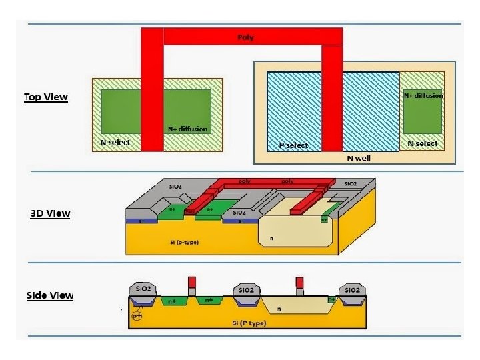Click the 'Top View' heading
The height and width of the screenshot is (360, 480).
click(46, 97)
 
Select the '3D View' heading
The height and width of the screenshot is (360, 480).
click(50, 214)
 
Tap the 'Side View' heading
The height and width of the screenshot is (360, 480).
click(50, 295)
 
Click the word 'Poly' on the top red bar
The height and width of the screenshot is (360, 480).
click(246, 37)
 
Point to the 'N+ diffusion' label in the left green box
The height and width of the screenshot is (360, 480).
click(187, 129)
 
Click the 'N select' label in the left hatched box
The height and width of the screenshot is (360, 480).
click(115, 143)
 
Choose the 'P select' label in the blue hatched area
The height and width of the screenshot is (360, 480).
click(293, 145)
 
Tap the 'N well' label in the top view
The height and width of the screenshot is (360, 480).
click(359, 158)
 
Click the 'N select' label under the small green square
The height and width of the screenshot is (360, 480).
click(423, 143)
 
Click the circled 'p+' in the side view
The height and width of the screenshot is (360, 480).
click(137, 315)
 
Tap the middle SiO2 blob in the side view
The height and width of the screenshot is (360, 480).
click(246, 291)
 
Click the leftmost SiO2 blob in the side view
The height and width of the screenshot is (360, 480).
click(141, 290)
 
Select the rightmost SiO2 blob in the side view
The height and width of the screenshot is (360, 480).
click(351, 291)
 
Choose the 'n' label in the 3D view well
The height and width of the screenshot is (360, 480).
click(271, 237)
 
